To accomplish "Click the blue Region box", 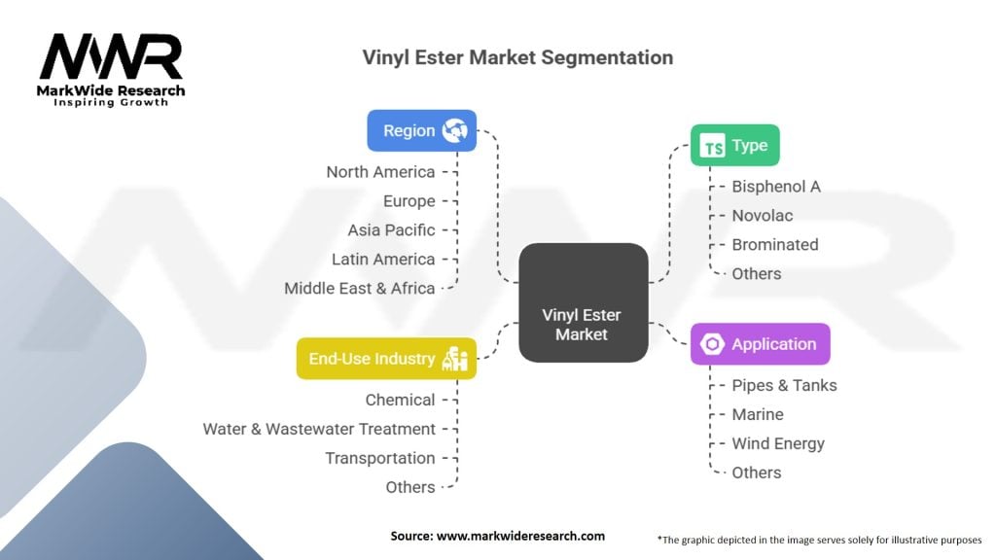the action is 422,130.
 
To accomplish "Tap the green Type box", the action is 735,145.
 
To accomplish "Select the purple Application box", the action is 761,343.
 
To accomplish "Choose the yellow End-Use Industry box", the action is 386,358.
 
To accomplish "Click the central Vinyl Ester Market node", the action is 584,302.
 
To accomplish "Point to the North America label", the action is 380,172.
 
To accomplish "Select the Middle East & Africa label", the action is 360,288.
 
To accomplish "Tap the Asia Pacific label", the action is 391,229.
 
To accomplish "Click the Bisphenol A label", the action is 776,187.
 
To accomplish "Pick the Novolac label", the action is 763,216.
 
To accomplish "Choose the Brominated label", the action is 775,244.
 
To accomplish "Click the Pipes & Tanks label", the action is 785,385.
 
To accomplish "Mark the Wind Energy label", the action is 778,443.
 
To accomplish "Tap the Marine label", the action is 758,414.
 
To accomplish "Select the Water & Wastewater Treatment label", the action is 319,429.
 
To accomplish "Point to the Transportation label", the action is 380,459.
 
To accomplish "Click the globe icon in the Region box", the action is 455,130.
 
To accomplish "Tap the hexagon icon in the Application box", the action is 712,344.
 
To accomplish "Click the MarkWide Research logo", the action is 111,69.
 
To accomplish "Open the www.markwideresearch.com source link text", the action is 521,536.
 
